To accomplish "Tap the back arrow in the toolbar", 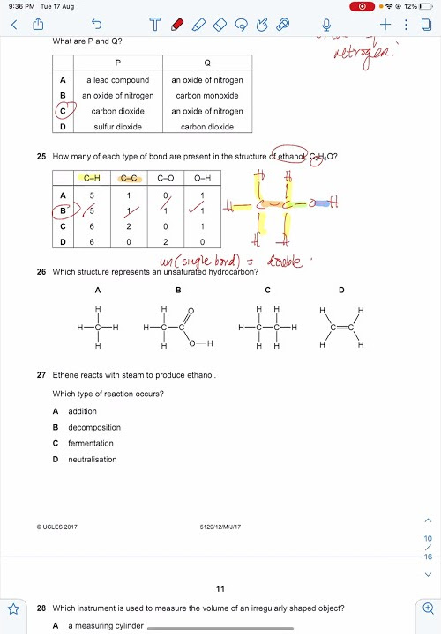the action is (x=14, y=25).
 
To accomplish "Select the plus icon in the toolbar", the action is (x=385, y=25).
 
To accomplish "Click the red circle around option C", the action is (x=64, y=111).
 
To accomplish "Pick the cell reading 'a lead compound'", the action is (x=118, y=80).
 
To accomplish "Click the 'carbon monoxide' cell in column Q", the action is (x=207, y=96).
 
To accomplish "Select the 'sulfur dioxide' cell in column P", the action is (x=118, y=127).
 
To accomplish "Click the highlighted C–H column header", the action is (x=92, y=179).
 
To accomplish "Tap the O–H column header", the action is (x=202, y=179).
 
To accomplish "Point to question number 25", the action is (x=41, y=157).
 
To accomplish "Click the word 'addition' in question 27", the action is (x=83, y=411).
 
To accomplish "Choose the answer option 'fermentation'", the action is (x=91, y=443).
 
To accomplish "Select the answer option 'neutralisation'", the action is (x=93, y=459).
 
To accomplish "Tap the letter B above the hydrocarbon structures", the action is (x=178, y=290).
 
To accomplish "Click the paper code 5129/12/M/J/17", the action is (x=220, y=527).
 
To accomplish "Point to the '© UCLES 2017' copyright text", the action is (x=57, y=527).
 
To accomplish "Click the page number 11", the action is (x=220, y=588).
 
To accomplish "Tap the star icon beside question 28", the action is (x=13, y=608).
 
